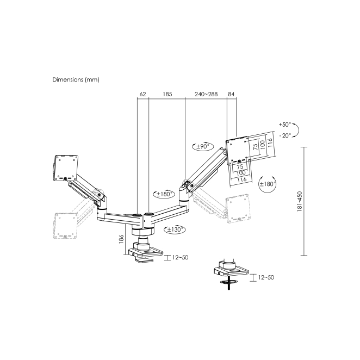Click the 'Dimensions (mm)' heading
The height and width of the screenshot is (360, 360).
tap(76, 80)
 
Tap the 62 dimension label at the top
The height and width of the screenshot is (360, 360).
tap(142, 94)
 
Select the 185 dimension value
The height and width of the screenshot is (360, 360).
tap(167, 94)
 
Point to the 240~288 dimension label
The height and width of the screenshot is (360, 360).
tap(206, 94)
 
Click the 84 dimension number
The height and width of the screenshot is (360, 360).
tap(231, 94)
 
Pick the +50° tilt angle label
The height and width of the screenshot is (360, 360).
tap(285, 125)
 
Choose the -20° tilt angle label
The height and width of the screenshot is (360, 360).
tap(285, 135)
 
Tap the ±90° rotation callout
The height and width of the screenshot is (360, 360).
tap(203, 146)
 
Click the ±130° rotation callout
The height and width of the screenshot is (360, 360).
tap(175, 229)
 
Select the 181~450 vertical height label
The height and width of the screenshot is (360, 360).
tap(300, 201)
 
